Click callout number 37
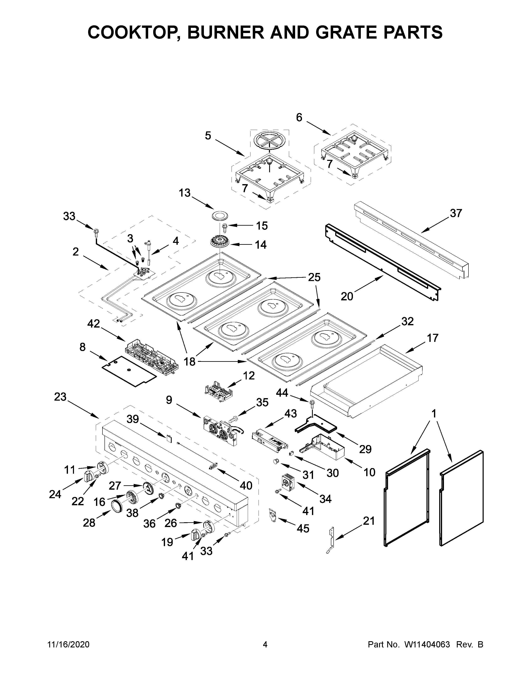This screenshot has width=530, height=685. [456, 213]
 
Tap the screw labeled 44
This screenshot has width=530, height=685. [312, 403]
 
